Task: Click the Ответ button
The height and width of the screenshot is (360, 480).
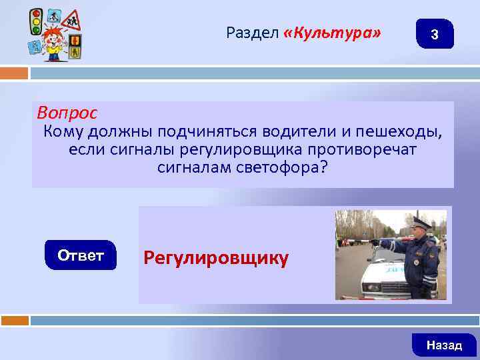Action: coord(81,255)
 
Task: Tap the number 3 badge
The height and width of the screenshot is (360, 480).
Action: coord(435,34)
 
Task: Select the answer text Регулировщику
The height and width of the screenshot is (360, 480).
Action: coord(216,258)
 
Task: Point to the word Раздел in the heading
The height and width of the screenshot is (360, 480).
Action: coord(253,32)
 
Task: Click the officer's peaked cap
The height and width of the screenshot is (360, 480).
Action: coord(421,221)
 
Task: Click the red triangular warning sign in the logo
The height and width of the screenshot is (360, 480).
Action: coord(69,20)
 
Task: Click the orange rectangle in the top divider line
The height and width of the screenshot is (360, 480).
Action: coord(15,73)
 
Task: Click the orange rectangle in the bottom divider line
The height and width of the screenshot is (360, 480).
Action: coord(15,320)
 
